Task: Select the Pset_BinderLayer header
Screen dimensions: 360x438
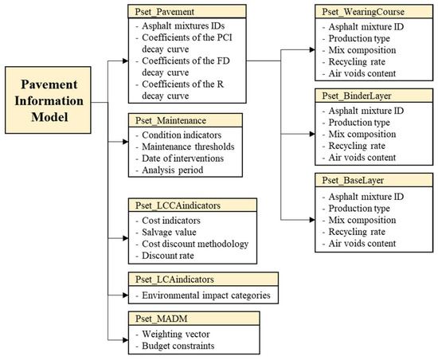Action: pos(356,96)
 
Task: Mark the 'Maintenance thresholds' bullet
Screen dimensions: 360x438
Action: pos(186,147)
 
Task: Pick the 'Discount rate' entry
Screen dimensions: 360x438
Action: pos(170,256)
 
